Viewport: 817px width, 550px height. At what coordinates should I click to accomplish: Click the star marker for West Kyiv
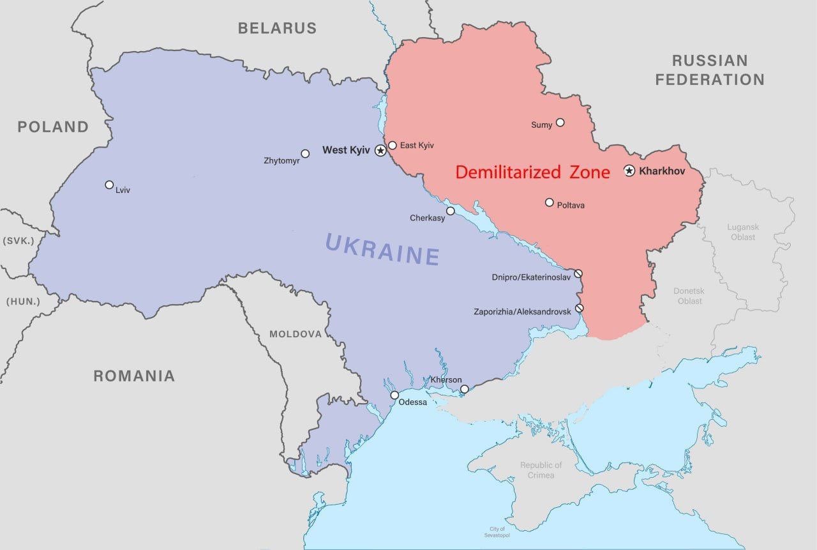[380, 151]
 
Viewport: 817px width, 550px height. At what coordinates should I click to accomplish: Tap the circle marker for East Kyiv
[393, 146]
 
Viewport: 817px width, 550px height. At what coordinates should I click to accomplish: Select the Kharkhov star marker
[629, 171]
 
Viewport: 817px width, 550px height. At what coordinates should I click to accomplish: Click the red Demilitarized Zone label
[532, 172]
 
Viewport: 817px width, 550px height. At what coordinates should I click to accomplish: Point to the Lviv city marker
[109, 185]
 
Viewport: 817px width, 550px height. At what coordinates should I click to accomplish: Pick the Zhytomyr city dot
[305, 153]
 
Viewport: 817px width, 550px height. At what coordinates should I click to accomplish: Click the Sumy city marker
[560, 122]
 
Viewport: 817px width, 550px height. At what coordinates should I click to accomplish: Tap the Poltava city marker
[549, 202]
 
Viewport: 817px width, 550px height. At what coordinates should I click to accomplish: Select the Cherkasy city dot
[450, 211]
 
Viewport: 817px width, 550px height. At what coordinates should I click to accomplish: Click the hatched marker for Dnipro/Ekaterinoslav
[578, 273]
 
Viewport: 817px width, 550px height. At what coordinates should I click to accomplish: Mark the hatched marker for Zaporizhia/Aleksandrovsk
[579, 308]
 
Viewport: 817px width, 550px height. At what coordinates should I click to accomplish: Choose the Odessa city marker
[394, 395]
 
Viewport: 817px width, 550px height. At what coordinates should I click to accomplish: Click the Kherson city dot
[464, 389]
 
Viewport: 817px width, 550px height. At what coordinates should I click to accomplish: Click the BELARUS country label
[277, 27]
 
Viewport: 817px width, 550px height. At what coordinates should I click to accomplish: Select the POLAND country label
[53, 126]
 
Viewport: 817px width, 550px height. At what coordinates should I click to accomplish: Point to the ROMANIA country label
[134, 376]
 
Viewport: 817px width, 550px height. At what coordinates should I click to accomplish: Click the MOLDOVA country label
[296, 334]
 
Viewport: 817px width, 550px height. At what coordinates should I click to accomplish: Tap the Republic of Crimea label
[541, 470]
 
